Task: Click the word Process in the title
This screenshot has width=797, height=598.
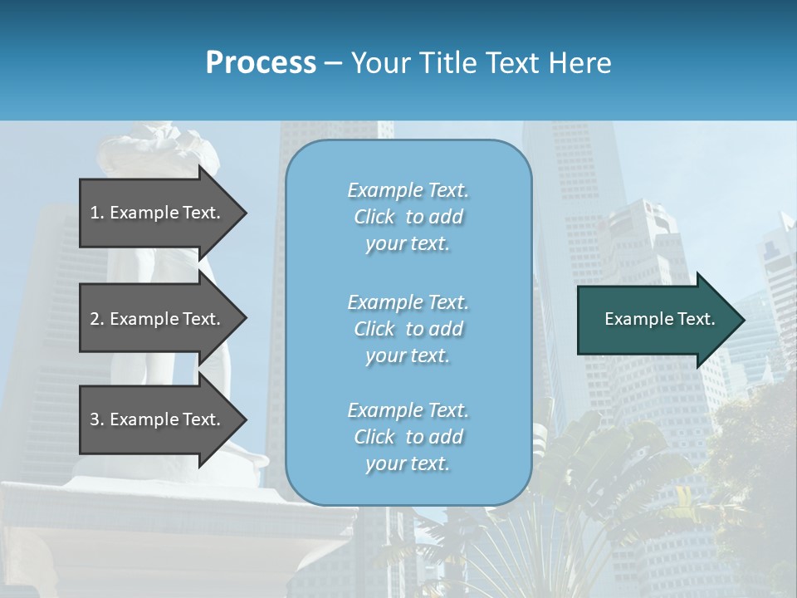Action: (261, 62)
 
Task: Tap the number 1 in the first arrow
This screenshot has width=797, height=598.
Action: (95, 213)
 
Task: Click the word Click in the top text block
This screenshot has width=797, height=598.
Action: (374, 217)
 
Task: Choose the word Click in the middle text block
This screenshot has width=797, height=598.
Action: (374, 329)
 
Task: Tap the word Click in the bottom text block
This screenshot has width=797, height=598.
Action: (374, 437)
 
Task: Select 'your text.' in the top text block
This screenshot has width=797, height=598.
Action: (408, 244)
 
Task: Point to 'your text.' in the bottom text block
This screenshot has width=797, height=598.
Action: (408, 463)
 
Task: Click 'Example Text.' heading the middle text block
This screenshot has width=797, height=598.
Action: (408, 301)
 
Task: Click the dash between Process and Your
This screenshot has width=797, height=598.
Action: (334, 63)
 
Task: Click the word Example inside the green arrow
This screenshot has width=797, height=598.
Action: (635, 319)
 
